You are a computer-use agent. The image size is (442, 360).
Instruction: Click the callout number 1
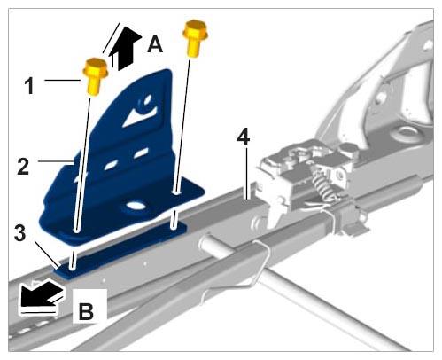click(29, 85)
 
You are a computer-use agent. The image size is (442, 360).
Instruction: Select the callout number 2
click(24, 166)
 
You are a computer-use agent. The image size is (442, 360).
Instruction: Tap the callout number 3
click(19, 233)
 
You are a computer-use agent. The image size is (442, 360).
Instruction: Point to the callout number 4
click(244, 137)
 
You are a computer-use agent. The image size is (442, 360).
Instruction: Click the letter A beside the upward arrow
click(155, 44)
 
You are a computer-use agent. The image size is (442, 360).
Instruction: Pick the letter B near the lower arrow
click(86, 311)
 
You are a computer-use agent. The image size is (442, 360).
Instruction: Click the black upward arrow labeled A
click(124, 47)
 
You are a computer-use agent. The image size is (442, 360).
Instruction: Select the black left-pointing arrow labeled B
click(42, 294)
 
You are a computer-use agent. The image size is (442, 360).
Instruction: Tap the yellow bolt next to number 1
click(95, 77)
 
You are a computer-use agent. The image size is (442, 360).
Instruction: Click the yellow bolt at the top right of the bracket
click(195, 37)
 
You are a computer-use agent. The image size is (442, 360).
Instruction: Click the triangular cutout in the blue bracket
click(138, 116)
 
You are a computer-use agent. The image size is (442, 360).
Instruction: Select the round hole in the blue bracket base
click(135, 206)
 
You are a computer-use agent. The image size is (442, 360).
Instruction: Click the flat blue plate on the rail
click(121, 248)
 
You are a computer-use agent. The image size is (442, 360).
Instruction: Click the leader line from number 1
click(64, 80)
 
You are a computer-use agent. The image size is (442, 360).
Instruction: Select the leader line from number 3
click(47, 254)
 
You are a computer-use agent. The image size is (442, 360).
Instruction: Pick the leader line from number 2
click(56, 161)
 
